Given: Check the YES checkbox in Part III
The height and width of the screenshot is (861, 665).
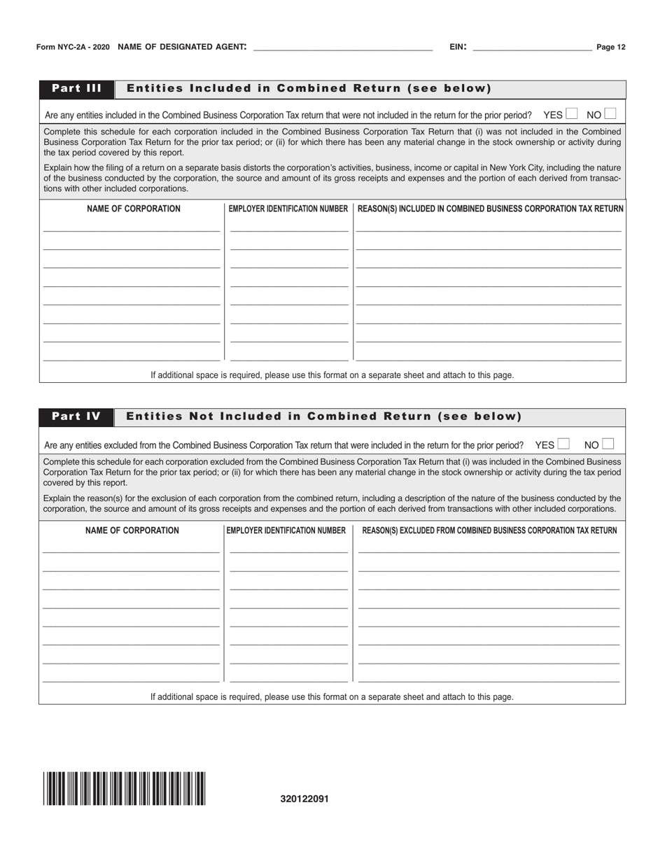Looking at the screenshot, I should (x=571, y=113).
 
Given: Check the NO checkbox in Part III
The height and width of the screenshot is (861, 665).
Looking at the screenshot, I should (x=610, y=113).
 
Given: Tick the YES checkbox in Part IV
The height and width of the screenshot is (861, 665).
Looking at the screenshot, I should (x=563, y=444).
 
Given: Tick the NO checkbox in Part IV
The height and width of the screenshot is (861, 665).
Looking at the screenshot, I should (x=608, y=444).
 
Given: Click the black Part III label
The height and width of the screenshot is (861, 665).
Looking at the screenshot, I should (x=76, y=89).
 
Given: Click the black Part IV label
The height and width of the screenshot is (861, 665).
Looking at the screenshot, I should (x=76, y=417).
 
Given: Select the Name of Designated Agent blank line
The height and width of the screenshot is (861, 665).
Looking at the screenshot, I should (x=342, y=48).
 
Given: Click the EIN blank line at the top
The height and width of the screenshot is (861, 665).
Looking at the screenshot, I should (x=532, y=48).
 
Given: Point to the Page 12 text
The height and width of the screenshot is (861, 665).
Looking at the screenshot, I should (x=610, y=48).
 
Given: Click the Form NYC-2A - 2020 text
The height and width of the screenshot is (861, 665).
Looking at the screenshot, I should (x=73, y=48).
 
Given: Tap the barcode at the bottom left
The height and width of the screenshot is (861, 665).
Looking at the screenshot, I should (x=124, y=789).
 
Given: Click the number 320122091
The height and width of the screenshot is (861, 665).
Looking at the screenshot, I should (x=304, y=799).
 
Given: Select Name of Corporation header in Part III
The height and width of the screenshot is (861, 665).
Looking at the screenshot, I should (x=133, y=209).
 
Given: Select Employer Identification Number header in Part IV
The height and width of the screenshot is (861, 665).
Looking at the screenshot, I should (x=286, y=531).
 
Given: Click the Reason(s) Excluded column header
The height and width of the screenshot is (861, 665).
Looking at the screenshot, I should (x=489, y=531).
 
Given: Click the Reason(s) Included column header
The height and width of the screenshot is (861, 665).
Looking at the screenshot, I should (x=490, y=209).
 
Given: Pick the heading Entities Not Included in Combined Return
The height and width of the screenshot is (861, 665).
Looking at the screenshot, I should (x=323, y=417).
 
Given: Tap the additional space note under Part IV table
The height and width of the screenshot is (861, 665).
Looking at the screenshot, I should (x=332, y=697).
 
